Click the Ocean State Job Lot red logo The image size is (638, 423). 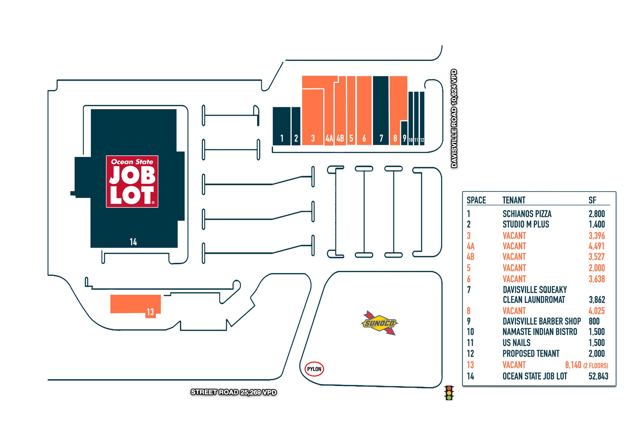point(132,182)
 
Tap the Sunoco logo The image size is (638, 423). point(379,323)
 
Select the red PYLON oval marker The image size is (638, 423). point(314,369)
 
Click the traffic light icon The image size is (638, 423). point(449,393)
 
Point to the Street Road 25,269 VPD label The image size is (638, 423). point(234,392)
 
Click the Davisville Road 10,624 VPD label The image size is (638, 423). point(454,118)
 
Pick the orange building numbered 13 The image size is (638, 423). point(136,305)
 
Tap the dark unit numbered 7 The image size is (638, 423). point(381,110)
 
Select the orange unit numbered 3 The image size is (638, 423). point(313,117)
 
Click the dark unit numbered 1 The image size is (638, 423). point(282,126)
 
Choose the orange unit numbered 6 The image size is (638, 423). point(364,110)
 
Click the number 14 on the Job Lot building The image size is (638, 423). point(133,242)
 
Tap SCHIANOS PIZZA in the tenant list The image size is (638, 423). point(527,214)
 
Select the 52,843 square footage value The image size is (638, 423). point(598,376)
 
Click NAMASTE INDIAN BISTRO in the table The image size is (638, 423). point(540,332)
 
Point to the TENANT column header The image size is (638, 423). point(514,200)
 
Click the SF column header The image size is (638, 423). point(592,200)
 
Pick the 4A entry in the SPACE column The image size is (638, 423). point(471,246)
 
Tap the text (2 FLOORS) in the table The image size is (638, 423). point(596,366)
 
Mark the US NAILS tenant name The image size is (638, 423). point(516,343)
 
